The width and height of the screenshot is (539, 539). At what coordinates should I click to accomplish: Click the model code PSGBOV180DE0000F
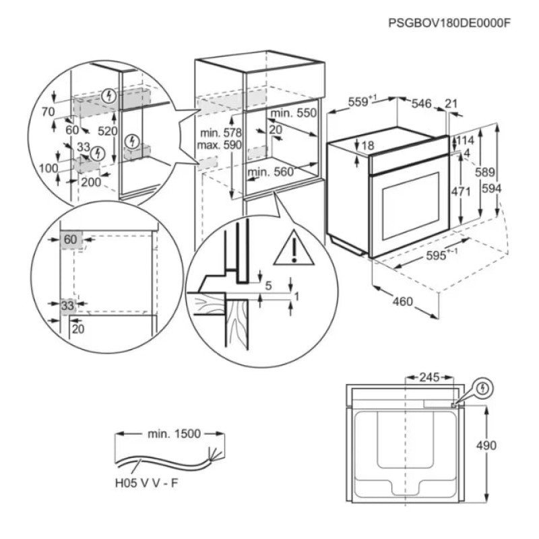[x=450, y=23]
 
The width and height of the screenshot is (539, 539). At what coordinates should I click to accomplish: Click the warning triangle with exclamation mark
[x=294, y=249]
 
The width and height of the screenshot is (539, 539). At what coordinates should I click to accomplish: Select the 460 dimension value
[x=402, y=301]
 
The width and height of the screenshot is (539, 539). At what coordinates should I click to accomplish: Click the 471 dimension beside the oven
[x=461, y=191]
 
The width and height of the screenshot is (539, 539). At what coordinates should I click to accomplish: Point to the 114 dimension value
[x=466, y=141]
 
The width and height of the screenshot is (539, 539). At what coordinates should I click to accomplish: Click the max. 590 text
[x=219, y=145]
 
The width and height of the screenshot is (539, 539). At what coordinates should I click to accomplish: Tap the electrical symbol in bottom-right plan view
[x=484, y=389]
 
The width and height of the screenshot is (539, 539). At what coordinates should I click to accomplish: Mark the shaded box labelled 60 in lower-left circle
[x=71, y=240]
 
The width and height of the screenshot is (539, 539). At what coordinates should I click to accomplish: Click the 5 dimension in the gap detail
[x=268, y=286]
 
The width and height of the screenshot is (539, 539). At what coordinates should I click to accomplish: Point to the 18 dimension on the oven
[x=367, y=145]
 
